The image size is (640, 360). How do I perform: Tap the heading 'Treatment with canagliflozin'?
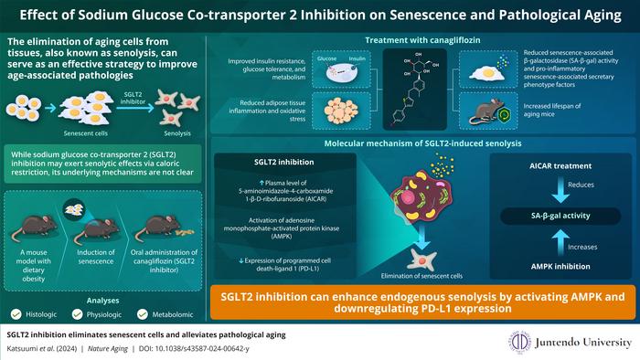(425, 40)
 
